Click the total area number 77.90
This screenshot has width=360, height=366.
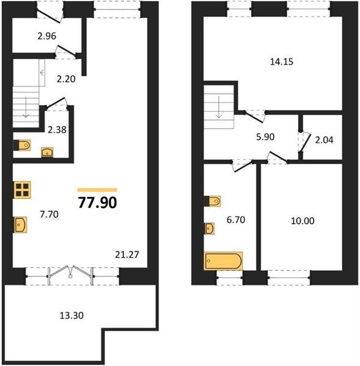[98, 203]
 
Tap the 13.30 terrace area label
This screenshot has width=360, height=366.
[71, 315]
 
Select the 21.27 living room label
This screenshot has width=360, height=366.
[127, 254]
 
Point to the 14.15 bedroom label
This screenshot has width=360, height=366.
[281, 62]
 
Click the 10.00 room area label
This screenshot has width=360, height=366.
[303, 221]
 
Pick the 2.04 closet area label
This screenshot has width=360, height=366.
[324, 140]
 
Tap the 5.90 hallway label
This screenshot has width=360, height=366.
[265, 137]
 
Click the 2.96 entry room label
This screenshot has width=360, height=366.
[47, 36]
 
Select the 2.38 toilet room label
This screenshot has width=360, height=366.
[57, 129]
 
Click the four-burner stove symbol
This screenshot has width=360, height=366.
[23, 190]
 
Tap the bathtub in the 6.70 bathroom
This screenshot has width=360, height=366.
[223, 261]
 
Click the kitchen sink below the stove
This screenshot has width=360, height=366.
[21, 224]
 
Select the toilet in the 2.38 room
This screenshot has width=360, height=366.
[22, 145]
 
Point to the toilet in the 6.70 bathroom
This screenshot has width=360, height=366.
[212, 201]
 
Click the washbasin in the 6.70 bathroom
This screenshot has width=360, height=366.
[209, 228]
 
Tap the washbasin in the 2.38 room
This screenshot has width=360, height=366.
[47, 152]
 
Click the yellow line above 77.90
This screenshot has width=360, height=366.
[98, 190]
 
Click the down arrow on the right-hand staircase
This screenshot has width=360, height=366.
[219, 107]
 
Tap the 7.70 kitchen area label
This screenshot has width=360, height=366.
[49, 214]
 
